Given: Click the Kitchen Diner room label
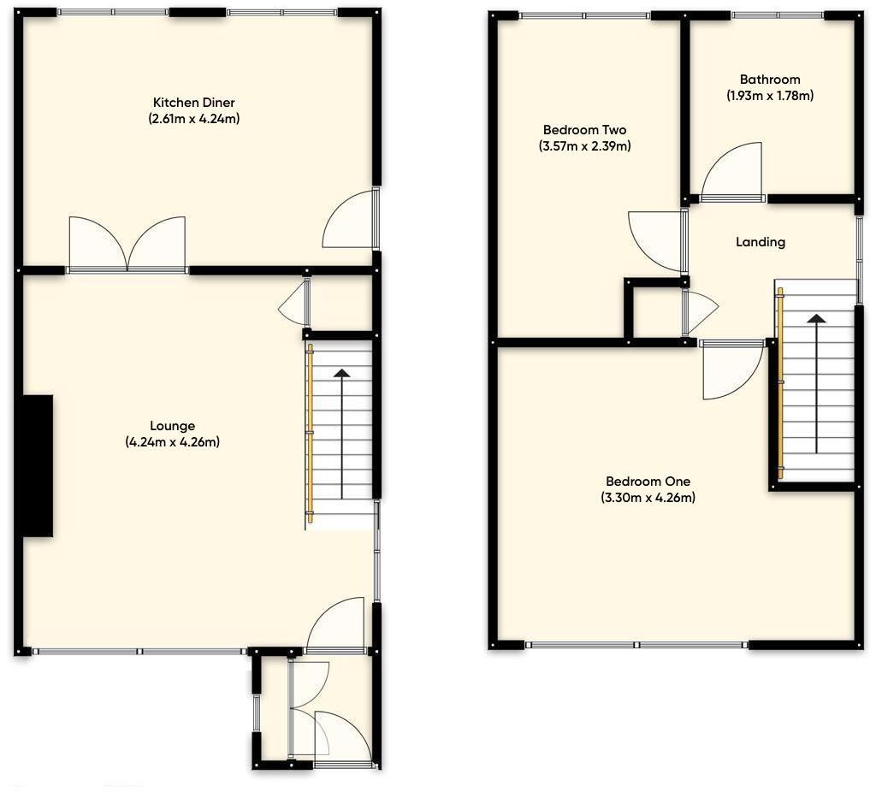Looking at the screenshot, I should point(193,103).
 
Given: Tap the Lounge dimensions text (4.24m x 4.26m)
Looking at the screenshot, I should point(173,442).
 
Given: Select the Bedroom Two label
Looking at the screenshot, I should point(584,130).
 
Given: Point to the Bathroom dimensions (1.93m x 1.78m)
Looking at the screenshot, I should point(770,96).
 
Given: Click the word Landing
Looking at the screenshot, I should point(761,242).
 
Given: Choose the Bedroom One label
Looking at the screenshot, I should point(648,482).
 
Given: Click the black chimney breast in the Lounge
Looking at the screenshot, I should point(38,465).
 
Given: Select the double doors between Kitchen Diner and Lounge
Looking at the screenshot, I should point(127,245).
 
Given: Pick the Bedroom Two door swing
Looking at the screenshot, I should point(657,239).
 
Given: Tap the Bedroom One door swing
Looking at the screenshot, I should point(729,369).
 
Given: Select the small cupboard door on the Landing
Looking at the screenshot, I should point(698,311).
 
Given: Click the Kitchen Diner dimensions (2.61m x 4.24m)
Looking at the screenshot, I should point(193,119).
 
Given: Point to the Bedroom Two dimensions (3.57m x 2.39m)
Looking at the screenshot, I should point(584,146).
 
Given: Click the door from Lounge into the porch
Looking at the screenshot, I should point(337,627).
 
